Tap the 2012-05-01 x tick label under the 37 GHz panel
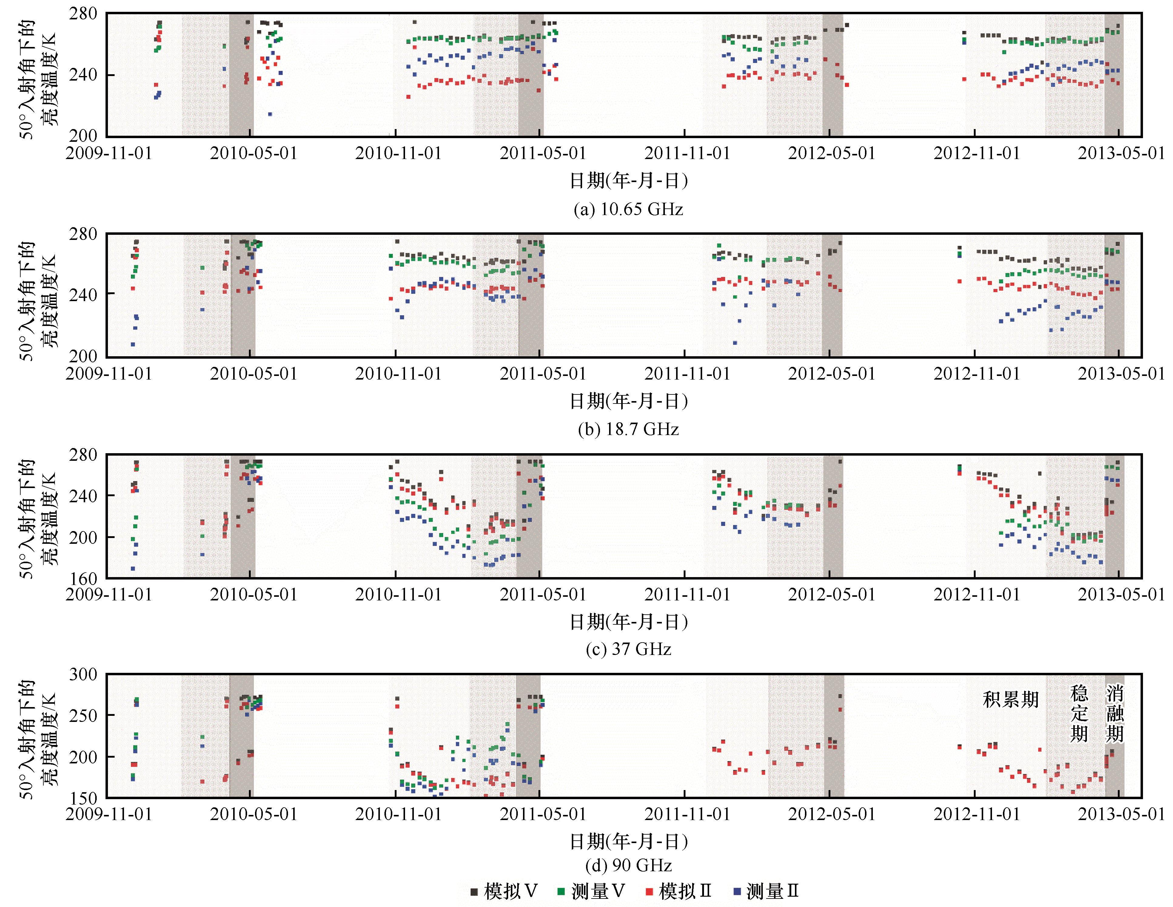[x=831, y=595]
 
